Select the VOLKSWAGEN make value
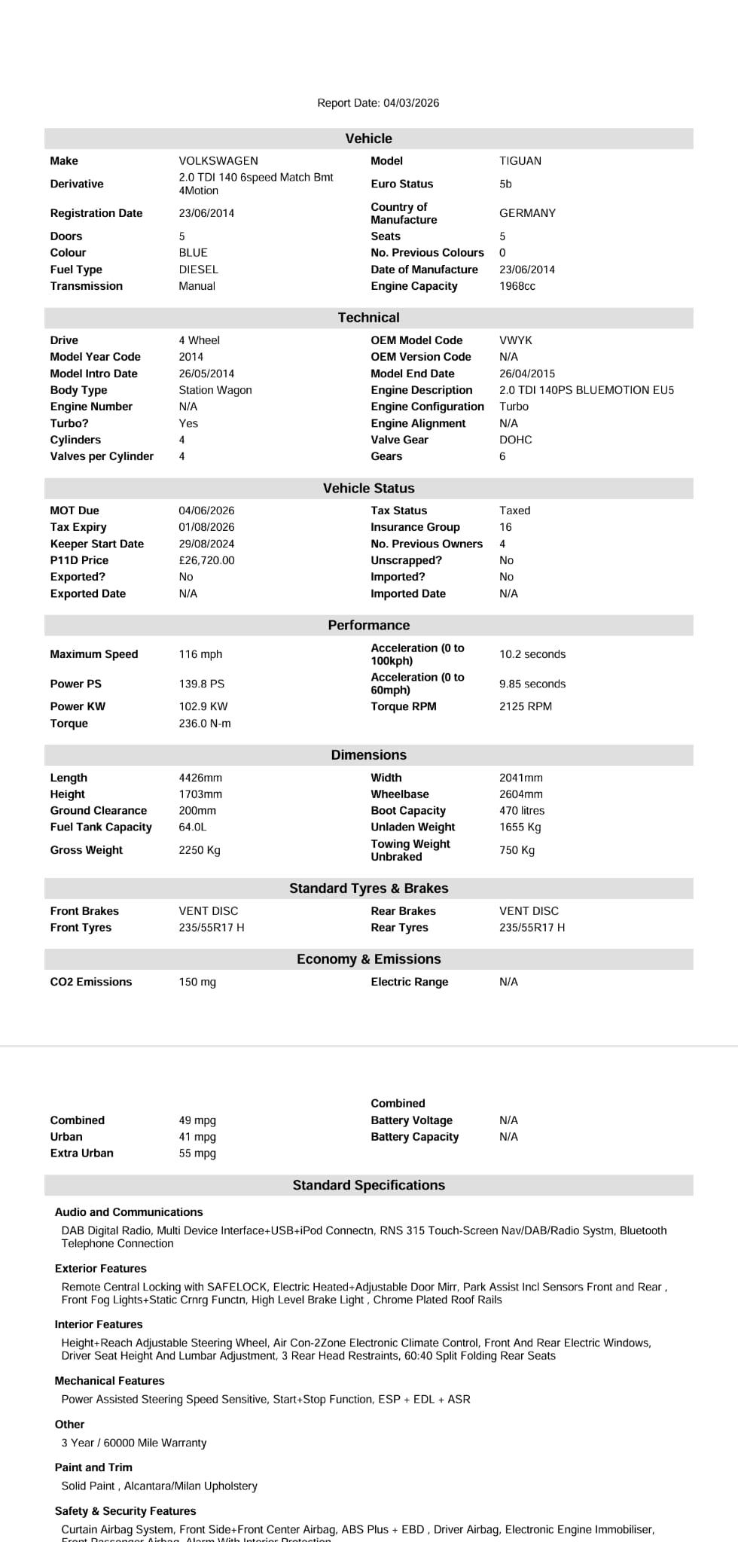tap(218, 161)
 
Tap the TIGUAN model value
tap(520, 161)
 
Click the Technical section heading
tap(368, 318)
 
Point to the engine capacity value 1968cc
tap(517, 286)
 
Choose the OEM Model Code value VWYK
tap(516, 340)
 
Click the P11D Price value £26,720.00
tap(206, 560)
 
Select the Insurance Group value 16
tap(505, 527)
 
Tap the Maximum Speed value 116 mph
tap(200, 654)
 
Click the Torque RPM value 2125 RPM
tap(526, 706)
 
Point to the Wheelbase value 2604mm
tap(521, 794)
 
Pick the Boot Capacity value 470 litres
tap(522, 811)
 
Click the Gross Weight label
tap(87, 850)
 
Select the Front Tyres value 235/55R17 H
tap(212, 928)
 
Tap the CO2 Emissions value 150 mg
tap(197, 982)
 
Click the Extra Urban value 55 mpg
tap(197, 1153)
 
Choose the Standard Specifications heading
tap(368, 1185)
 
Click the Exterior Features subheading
tap(100, 1269)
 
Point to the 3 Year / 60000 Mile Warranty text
tap(134, 1443)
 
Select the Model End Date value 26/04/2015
tap(527, 373)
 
